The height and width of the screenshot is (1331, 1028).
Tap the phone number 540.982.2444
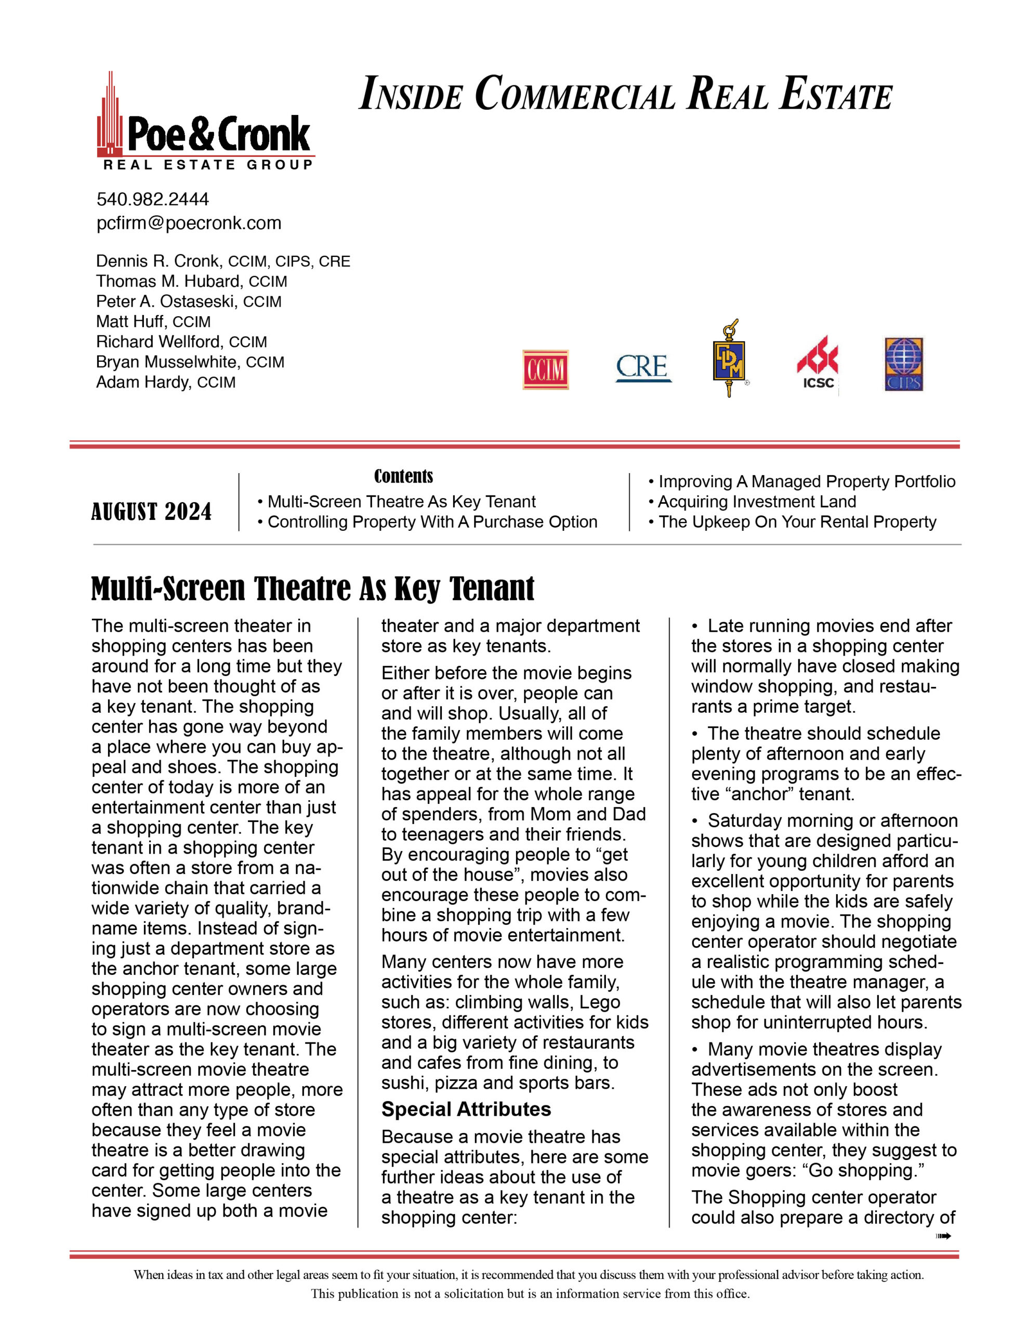pos(152,199)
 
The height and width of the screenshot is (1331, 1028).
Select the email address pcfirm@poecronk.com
pos(189,223)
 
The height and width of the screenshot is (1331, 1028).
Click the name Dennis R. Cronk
pos(157,262)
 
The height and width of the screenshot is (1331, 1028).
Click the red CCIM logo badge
pos(545,369)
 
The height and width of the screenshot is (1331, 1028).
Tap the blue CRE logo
pos(643,368)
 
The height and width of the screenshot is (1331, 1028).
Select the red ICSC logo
pos(817,362)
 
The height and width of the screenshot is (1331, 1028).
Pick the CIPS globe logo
pos(904,364)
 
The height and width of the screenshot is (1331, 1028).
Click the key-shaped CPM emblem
pos(729,359)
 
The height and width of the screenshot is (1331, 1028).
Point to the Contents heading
pos(403,476)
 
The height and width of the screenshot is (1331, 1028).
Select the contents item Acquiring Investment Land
pos(757,502)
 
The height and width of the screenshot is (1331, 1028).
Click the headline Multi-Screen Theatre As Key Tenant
pos(312,589)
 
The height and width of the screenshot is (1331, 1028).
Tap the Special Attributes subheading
pos(466,1109)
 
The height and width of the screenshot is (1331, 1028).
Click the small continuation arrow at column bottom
pos(943,1236)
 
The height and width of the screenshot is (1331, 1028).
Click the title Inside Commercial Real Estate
pos(626,95)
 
